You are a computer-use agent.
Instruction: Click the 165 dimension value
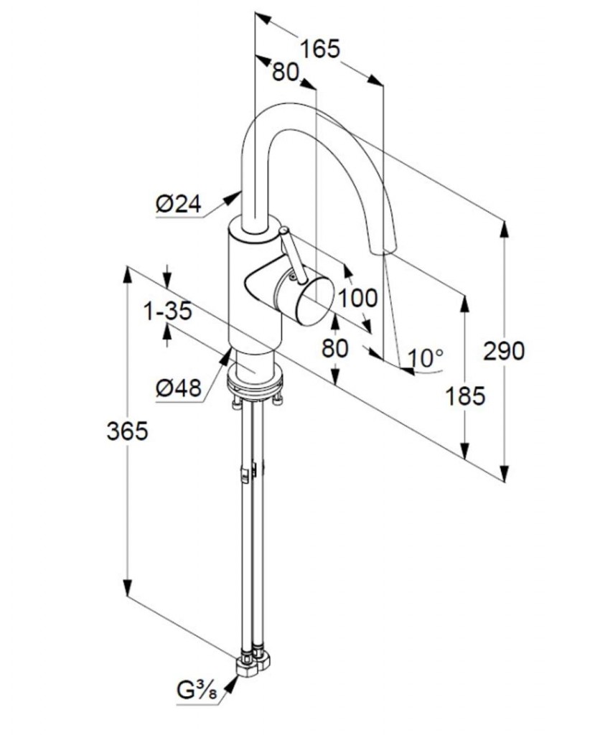(x=319, y=49)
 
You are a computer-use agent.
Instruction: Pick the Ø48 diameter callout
(x=177, y=388)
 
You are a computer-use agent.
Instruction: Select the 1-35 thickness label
(x=167, y=312)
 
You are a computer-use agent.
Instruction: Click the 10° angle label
(x=426, y=355)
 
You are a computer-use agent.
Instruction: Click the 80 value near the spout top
(x=286, y=72)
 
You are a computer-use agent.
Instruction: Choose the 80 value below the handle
(x=334, y=348)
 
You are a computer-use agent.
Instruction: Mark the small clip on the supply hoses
(x=246, y=472)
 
